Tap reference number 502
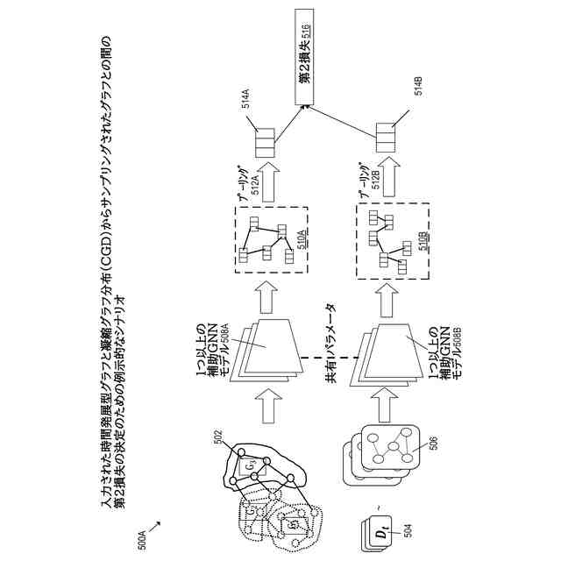[221, 434]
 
